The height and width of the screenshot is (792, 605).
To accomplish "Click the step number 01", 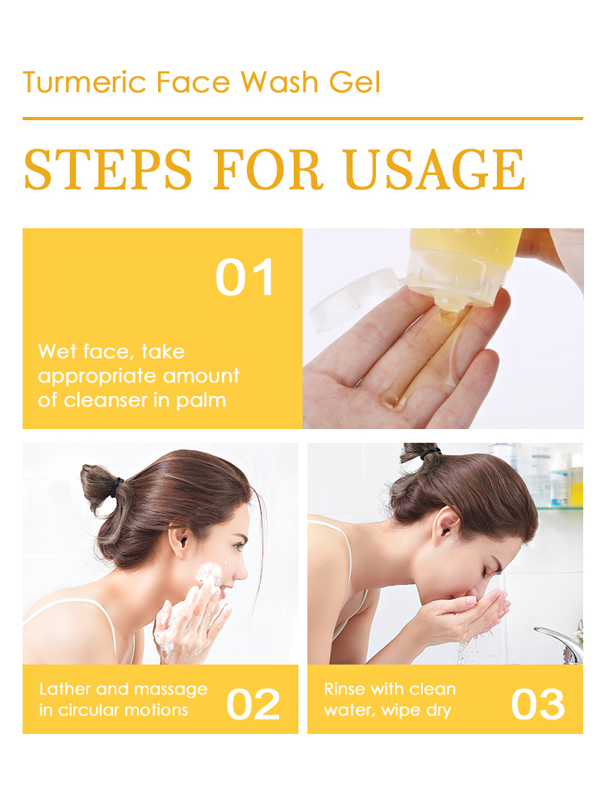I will coord(245,278).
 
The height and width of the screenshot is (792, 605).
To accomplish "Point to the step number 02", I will coord(253,705).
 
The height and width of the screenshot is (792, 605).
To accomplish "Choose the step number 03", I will coord(538,705).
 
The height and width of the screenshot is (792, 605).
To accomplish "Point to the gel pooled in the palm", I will coord(393,399).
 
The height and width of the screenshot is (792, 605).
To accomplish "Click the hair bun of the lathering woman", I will coord(99,488).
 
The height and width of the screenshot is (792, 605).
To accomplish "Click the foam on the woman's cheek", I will coord(208,575).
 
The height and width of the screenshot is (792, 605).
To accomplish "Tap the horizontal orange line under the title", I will coord(302,119).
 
